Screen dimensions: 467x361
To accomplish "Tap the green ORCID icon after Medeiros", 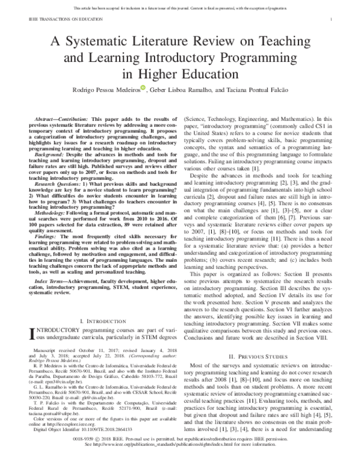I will click(x=143, y=88).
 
